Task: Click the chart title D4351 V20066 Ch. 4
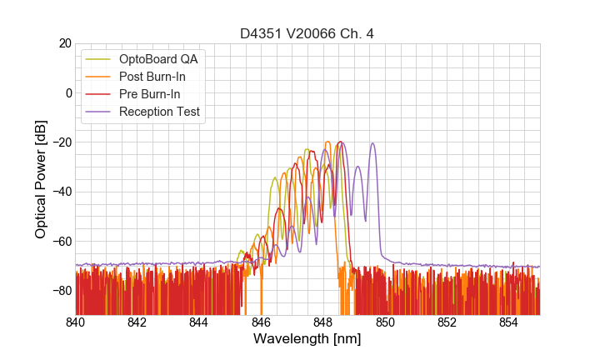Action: (x=307, y=33)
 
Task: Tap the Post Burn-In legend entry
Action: (x=152, y=77)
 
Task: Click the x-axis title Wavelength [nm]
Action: (x=307, y=341)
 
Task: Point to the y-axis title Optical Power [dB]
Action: (x=41, y=179)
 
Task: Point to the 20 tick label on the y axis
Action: (x=62, y=43)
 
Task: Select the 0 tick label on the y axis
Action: (x=66, y=92)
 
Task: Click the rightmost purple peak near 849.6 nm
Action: (x=372, y=144)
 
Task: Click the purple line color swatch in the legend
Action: (x=98, y=112)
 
